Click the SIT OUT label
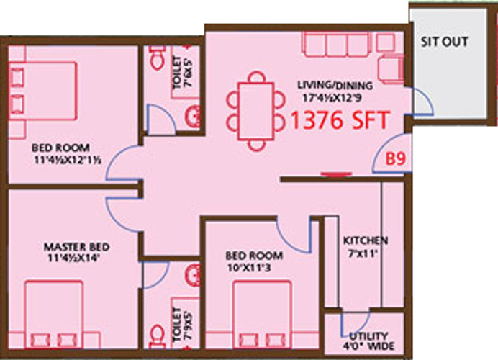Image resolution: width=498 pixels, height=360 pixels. pos(445,42)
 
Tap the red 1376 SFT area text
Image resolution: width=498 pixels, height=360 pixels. pos(340,120)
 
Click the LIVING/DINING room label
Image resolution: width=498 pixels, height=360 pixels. pos(325,84)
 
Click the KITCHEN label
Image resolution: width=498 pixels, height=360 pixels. pos(365,240)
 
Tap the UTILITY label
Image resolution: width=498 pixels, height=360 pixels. pos(368,336)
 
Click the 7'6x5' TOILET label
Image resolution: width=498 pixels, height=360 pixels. pos(178,71)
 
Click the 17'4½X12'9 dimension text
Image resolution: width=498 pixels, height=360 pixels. pos(325,96)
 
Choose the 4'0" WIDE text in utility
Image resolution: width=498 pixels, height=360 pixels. pos(368,347)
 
